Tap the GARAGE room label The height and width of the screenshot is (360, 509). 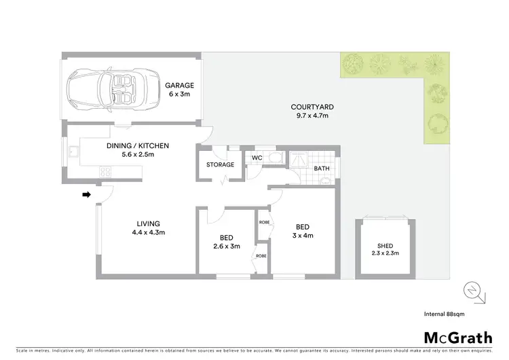click(179, 86)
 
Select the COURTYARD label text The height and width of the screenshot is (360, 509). click(312, 107)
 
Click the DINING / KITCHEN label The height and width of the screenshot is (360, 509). click(137, 145)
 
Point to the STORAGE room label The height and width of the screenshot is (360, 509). click(220, 165)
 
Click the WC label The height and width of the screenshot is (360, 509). click(257, 158)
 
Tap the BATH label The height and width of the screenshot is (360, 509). click(322, 168)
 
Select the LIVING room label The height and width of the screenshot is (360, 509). click(147, 223)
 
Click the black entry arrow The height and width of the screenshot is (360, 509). click(86, 195)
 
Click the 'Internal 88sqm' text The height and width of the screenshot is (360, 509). click(464, 314)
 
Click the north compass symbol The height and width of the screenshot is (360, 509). click(472, 292)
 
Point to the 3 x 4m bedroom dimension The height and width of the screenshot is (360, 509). click(303, 236)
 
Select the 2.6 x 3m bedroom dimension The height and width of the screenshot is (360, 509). click(225, 247)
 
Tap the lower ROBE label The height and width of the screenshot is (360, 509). click(261, 255)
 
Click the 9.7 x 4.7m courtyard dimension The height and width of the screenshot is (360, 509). click(312, 115)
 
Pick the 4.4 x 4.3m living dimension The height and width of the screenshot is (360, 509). click(147, 232)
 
